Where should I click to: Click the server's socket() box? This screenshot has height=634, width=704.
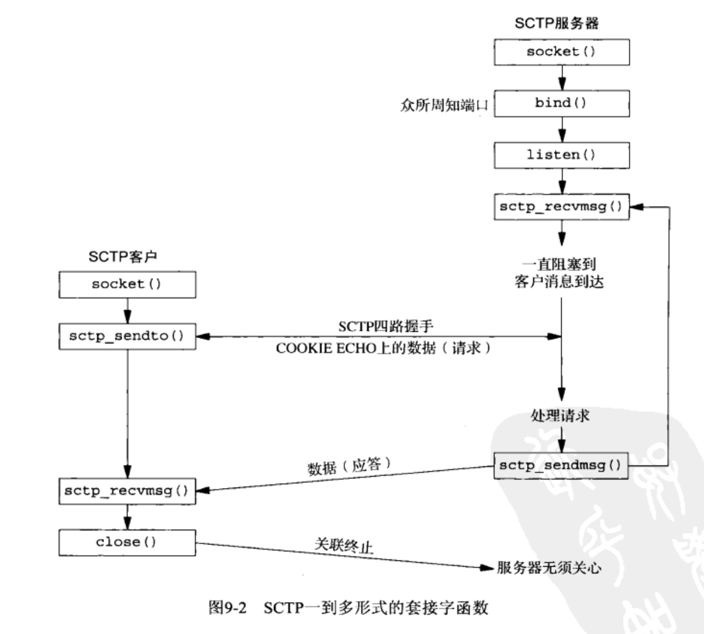tap(561, 52)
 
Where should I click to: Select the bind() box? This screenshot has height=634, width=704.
tap(561, 103)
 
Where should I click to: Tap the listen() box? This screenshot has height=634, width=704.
tap(561, 155)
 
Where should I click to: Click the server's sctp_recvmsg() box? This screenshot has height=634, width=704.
tap(561, 206)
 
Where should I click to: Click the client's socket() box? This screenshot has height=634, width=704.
tap(127, 284)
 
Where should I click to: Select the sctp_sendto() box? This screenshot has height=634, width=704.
tap(127, 336)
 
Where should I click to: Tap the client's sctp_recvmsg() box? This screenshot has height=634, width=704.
tap(127, 491)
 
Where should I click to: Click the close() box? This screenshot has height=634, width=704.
tap(127, 542)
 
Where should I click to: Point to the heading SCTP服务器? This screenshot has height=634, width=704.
tap(556, 23)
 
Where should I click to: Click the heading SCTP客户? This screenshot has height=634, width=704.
tap(123, 257)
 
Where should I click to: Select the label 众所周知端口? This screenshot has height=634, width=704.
tap(444, 105)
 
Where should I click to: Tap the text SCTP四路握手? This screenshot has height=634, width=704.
tap(385, 326)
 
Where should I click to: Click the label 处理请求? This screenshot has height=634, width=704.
tap(560, 415)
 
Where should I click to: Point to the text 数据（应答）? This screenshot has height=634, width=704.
tap(349, 466)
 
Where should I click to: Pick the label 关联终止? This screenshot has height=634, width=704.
tap(343, 546)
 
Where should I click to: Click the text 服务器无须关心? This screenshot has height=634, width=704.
tap(549, 567)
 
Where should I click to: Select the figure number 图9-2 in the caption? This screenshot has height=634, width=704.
tap(227, 607)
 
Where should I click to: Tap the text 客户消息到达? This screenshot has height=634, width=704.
tap(559, 282)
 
